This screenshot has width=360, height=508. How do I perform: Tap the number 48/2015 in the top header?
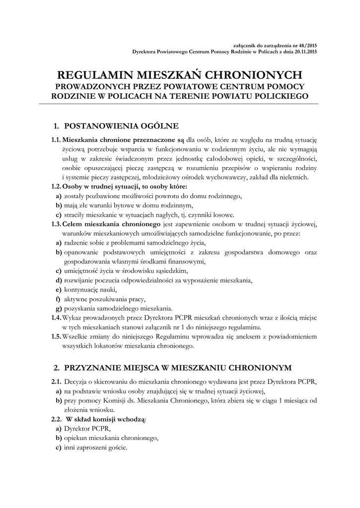point(307,46)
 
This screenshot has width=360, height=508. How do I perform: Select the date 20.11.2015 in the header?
point(304,51)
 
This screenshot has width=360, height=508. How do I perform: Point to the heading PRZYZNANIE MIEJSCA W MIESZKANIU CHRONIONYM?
point(178,367)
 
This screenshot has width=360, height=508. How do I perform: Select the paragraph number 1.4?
point(56,318)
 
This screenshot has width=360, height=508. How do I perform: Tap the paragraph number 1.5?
point(56,337)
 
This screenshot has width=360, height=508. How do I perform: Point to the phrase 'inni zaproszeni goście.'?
point(96,447)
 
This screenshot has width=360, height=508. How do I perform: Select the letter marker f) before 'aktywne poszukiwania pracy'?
point(58,299)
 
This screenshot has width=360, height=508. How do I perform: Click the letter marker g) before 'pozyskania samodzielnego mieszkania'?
point(59,309)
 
